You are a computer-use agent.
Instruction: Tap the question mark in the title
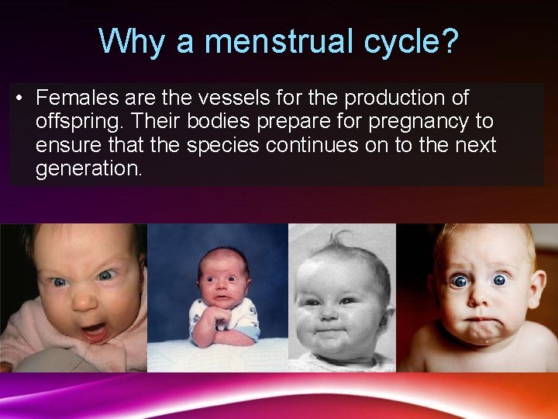click(449, 41)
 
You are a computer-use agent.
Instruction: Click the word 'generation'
click(88, 169)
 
